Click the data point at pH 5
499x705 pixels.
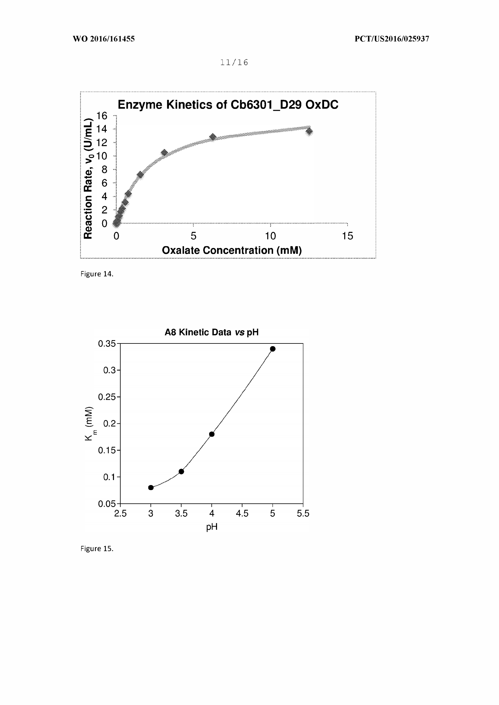272,349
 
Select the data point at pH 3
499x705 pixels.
151,488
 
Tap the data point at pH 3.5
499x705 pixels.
181,471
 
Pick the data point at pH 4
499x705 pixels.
212,434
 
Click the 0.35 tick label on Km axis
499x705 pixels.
107,343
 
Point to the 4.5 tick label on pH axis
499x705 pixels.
242,513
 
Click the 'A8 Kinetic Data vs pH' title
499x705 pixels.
212,332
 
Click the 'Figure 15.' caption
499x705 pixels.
97,548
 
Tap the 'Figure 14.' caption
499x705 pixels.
97,274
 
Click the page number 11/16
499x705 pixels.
234,62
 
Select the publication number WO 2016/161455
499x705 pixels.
104,39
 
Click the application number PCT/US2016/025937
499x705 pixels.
392,39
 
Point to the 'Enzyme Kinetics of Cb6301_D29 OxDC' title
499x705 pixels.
228,105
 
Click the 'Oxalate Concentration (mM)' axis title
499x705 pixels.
232,250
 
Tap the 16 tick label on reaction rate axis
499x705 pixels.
102,116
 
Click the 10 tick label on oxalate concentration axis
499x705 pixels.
270,236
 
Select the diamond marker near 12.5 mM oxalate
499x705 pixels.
309,131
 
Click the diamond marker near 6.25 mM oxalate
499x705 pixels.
212,137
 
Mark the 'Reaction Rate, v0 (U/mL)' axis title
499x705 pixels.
88,178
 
